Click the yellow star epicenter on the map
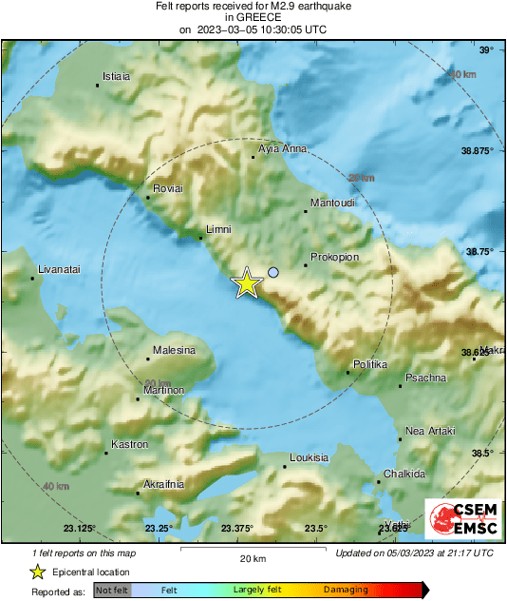(247, 283)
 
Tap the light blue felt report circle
(273, 273)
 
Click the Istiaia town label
(116, 76)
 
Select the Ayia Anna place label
(282, 148)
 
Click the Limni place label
(219, 229)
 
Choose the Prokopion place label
(332, 256)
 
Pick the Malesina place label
(174, 350)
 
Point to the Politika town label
(370, 364)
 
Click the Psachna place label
(425, 378)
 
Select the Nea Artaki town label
(427, 431)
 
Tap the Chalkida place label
(406, 474)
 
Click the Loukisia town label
(309, 457)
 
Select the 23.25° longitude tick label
(158, 528)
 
